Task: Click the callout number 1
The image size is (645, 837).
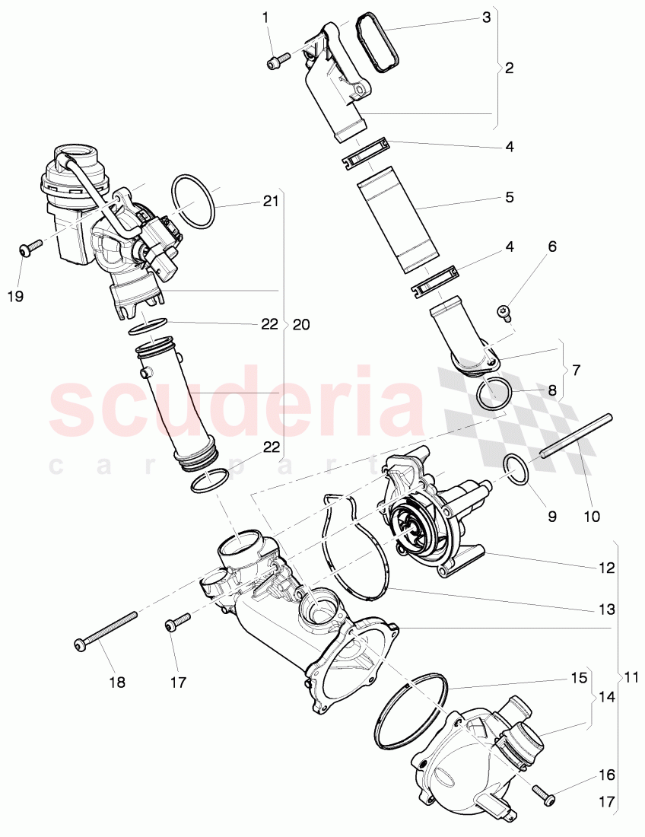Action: [x=265, y=17]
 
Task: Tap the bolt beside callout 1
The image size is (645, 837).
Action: [x=278, y=60]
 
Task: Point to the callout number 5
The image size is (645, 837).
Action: [x=508, y=197]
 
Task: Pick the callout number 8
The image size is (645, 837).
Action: [x=552, y=390]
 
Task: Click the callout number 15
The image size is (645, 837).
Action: [x=580, y=677]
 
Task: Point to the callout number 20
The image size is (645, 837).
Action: [x=301, y=324]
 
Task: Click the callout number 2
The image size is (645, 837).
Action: [x=508, y=68]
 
